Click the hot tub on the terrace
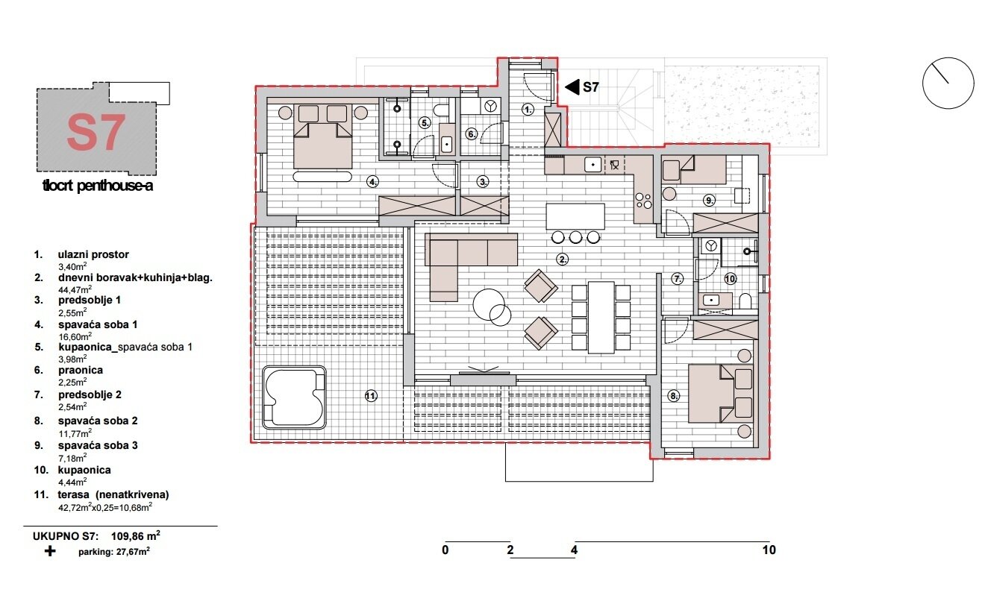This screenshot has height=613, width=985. (x=295, y=397)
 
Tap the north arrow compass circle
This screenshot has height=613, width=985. (x=948, y=83)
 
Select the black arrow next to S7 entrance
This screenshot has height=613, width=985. (x=572, y=87)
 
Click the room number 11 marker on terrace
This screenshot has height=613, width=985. (x=370, y=396)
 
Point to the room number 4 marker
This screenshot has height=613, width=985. (x=372, y=181)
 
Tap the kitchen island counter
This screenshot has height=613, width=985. (x=575, y=217)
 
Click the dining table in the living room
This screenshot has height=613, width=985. (x=601, y=316)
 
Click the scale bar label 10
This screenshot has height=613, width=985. (x=769, y=550)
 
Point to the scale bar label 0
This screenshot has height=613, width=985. (x=445, y=550)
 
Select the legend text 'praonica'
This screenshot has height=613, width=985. (x=81, y=370)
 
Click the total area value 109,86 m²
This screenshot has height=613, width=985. (x=137, y=535)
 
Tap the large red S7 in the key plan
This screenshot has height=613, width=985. (x=95, y=132)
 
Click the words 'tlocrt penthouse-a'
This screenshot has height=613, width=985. (x=98, y=186)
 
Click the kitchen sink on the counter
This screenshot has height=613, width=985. (x=592, y=163)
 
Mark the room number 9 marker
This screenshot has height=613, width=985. (x=709, y=200)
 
